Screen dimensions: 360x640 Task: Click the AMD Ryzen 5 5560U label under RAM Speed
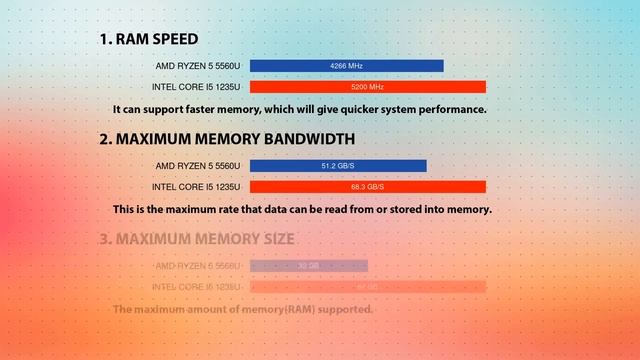198,66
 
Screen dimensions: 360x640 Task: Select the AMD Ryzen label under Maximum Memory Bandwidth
198,166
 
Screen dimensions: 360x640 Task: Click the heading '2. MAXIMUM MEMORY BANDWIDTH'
227,140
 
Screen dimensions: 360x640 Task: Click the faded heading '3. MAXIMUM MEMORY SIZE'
197,240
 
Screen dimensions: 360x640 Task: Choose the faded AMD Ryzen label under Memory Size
198,266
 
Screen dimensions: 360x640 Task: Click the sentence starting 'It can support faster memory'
299,109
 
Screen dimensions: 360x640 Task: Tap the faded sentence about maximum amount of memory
243,310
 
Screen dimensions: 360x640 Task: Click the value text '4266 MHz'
346,66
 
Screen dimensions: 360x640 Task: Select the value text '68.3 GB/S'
367,187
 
